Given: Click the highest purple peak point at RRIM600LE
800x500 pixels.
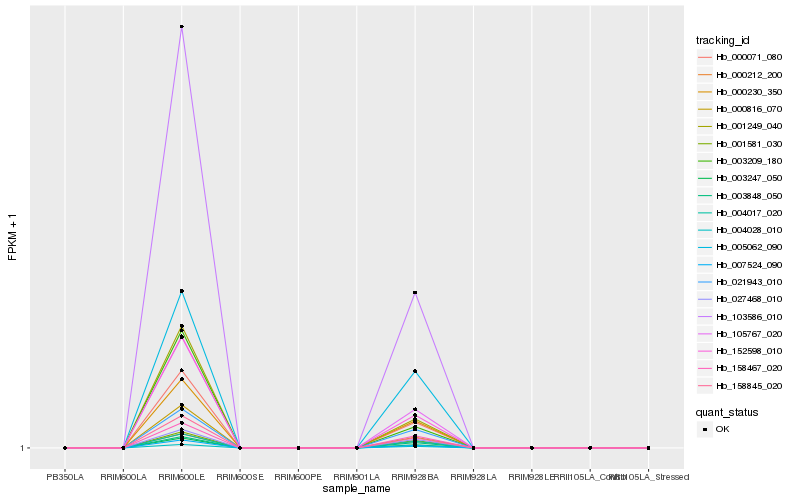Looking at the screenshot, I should pyautogui.click(x=181, y=27).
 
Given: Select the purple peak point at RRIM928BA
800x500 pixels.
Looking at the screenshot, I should pyautogui.click(x=414, y=292).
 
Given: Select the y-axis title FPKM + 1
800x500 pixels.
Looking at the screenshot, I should pyautogui.click(x=13, y=238).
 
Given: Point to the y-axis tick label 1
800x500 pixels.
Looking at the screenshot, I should pyautogui.click(x=22, y=448).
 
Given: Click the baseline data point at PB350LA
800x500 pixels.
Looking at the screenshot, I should pyautogui.click(x=65, y=448).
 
